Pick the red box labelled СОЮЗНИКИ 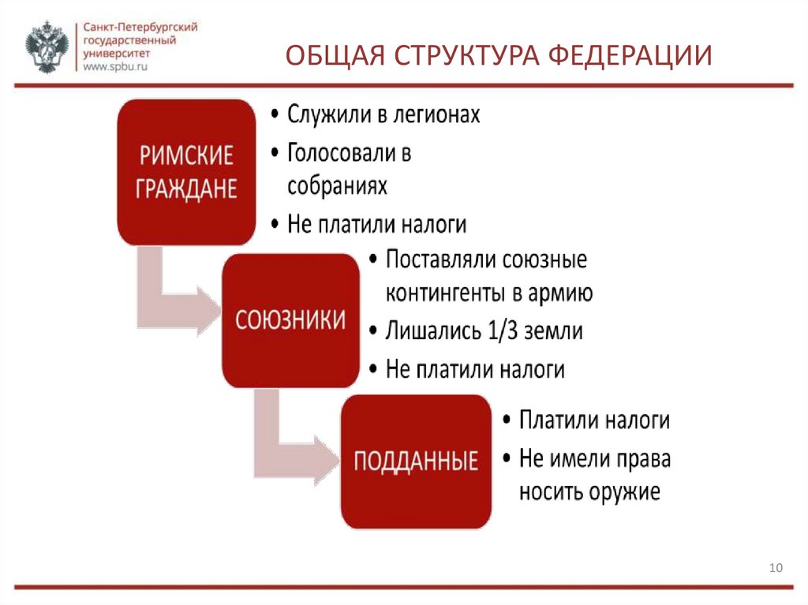pyautogui.click(x=290, y=319)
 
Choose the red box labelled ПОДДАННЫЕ pyautogui.click(x=416, y=461)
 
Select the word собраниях pyautogui.click(x=337, y=185)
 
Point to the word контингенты pyautogui.click(x=442, y=293)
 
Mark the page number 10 pyautogui.click(x=774, y=568)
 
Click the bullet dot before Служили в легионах pyautogui.click(x=273, y=115)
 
